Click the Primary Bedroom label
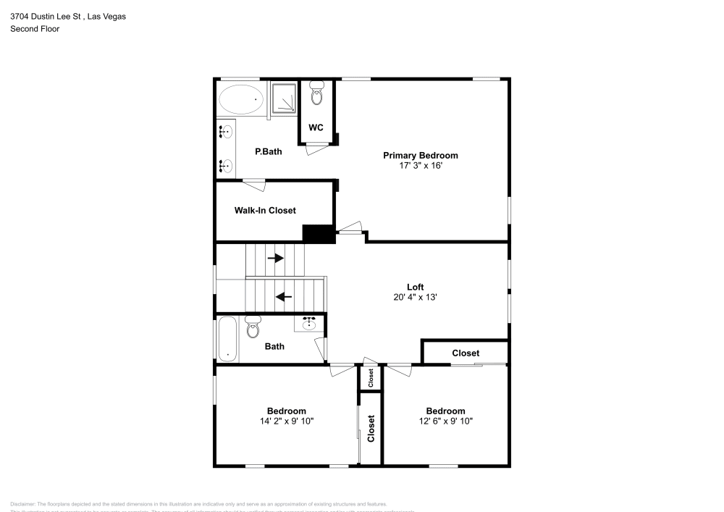[x=420, y=155]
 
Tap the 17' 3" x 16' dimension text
[x=420, y=166]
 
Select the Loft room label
[x=415, y=287]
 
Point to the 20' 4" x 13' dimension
[x=415, y=297]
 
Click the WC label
[x=316, y=127]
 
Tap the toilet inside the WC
[x=316, y=93]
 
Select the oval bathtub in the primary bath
[x=241, y=99]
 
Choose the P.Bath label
[x=268, y=151]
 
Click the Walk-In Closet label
[x=265, y=211]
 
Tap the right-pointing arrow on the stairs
[x=275, y=258]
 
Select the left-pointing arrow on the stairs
[x=284, y=295]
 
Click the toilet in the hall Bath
[x=253, y=328]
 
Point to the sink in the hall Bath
[x=310, y=323]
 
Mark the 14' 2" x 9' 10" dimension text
[x=286, y=421]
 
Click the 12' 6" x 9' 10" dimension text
[x=445, y=421]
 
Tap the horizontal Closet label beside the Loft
[x=466, y=353]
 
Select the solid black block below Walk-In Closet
[x=317, y=235]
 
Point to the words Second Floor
[x=35, y=29]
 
